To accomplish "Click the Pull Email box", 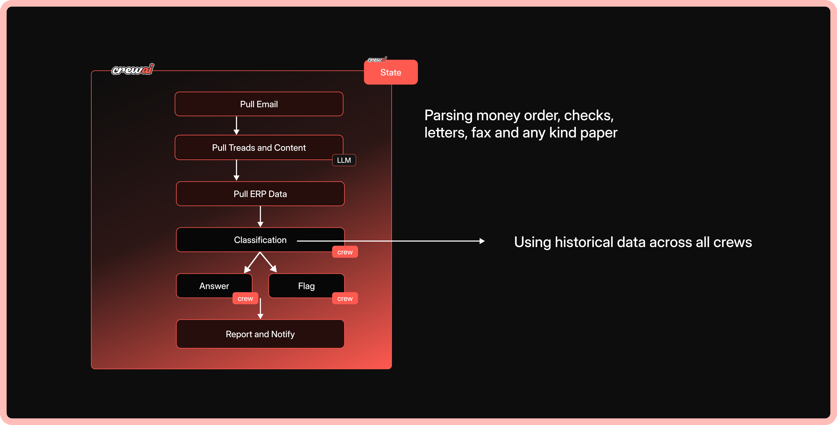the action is pos(259,104).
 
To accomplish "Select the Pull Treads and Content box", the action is pos(259,148).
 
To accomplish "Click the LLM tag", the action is pos(344,160).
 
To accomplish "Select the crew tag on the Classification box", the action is pos(345,252).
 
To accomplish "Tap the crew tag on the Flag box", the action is pos(345,299).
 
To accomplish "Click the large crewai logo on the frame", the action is pos(133,69).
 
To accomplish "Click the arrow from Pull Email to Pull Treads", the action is pos(236,125).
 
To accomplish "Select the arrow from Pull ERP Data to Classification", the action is pos(260,216).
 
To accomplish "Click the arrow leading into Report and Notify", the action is pos(260,309).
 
